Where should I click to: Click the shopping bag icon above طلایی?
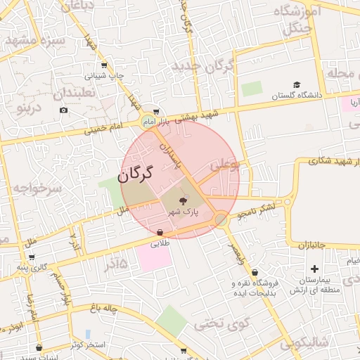[160, 233]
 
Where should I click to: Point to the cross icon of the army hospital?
[314, 269]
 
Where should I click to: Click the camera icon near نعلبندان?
[64, 110]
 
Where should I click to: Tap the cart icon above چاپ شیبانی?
[103, 65]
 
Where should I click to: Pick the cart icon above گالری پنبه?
[32, 257]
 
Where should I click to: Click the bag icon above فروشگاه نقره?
[254, 272]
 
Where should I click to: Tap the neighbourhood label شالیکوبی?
[304, 342]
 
